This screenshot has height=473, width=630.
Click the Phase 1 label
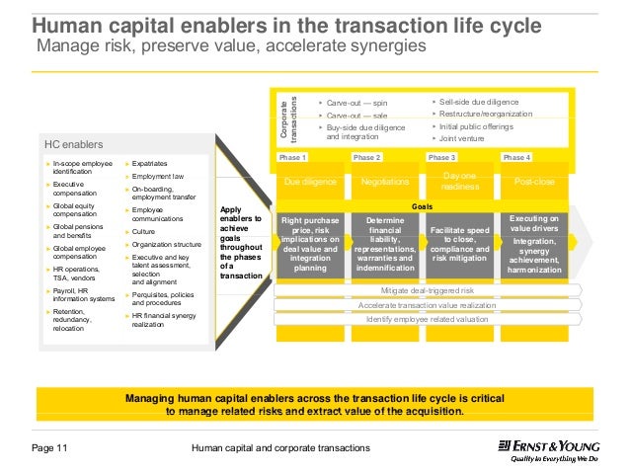293,158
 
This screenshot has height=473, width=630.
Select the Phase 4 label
516,158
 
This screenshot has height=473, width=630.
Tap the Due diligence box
309,182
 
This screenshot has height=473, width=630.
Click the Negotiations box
384,182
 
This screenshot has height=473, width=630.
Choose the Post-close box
534,182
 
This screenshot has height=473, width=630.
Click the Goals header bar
422,207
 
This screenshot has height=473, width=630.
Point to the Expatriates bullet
149,161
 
